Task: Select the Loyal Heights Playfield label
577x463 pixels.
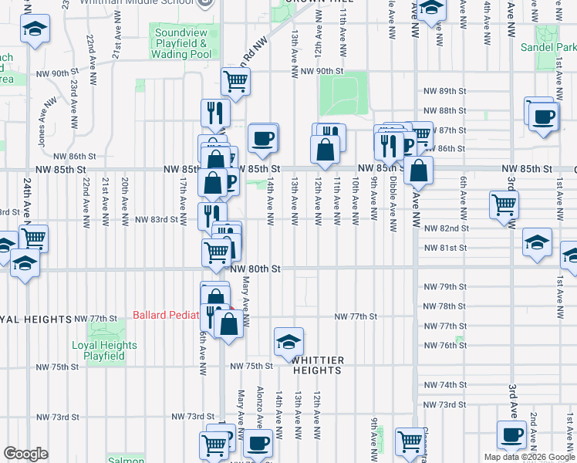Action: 104,351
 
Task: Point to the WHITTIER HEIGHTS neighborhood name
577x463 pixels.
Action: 316,365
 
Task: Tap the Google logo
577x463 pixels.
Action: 26,453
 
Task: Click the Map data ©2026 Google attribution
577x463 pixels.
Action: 528,457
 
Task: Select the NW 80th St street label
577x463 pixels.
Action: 254,269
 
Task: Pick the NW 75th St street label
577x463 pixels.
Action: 251,366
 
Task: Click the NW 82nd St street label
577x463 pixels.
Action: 446,228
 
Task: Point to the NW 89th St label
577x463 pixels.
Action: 446,91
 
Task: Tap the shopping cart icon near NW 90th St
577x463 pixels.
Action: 235,80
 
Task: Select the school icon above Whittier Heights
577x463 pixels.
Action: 288,340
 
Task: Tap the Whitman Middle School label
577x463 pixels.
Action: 158,3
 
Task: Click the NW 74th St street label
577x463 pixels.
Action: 446,384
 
